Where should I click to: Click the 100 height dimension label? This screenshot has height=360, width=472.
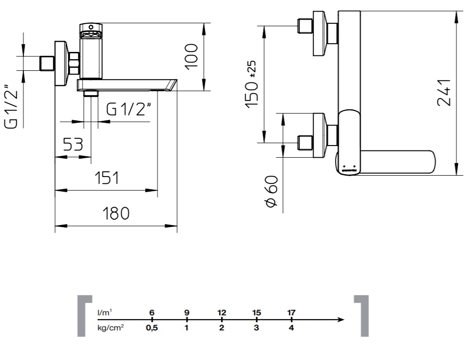(191, 57)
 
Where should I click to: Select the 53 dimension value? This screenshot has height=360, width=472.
(73, 145)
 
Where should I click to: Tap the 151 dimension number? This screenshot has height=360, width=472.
(107, 178)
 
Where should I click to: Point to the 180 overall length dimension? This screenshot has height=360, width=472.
(116, 213)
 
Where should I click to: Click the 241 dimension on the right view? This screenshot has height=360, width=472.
(444, 93)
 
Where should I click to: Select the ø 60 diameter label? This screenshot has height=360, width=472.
(271, 192)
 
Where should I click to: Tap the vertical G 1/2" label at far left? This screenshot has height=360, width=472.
(12, 107)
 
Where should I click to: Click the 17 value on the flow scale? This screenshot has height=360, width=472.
(291, 312)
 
